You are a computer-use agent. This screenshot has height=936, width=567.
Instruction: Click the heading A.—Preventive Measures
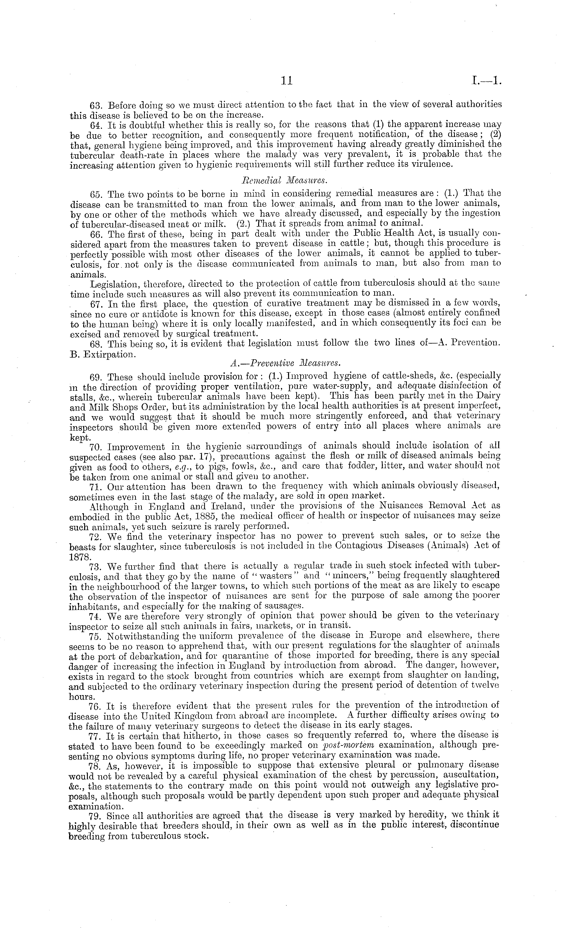[x=284, y=363]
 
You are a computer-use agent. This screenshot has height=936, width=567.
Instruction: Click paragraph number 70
[x=95, y=447]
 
